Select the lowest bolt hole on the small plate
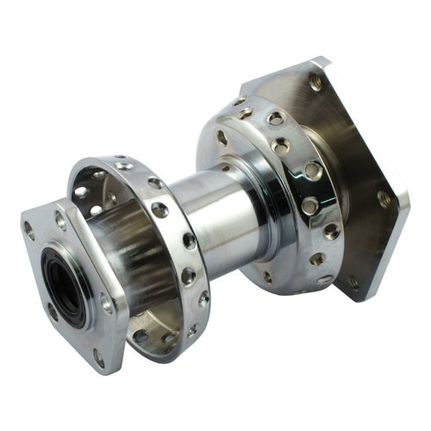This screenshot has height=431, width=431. tap(99, 353)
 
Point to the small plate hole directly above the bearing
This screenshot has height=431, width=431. tap(61, 219)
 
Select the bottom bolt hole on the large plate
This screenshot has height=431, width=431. tap(353, 280)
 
